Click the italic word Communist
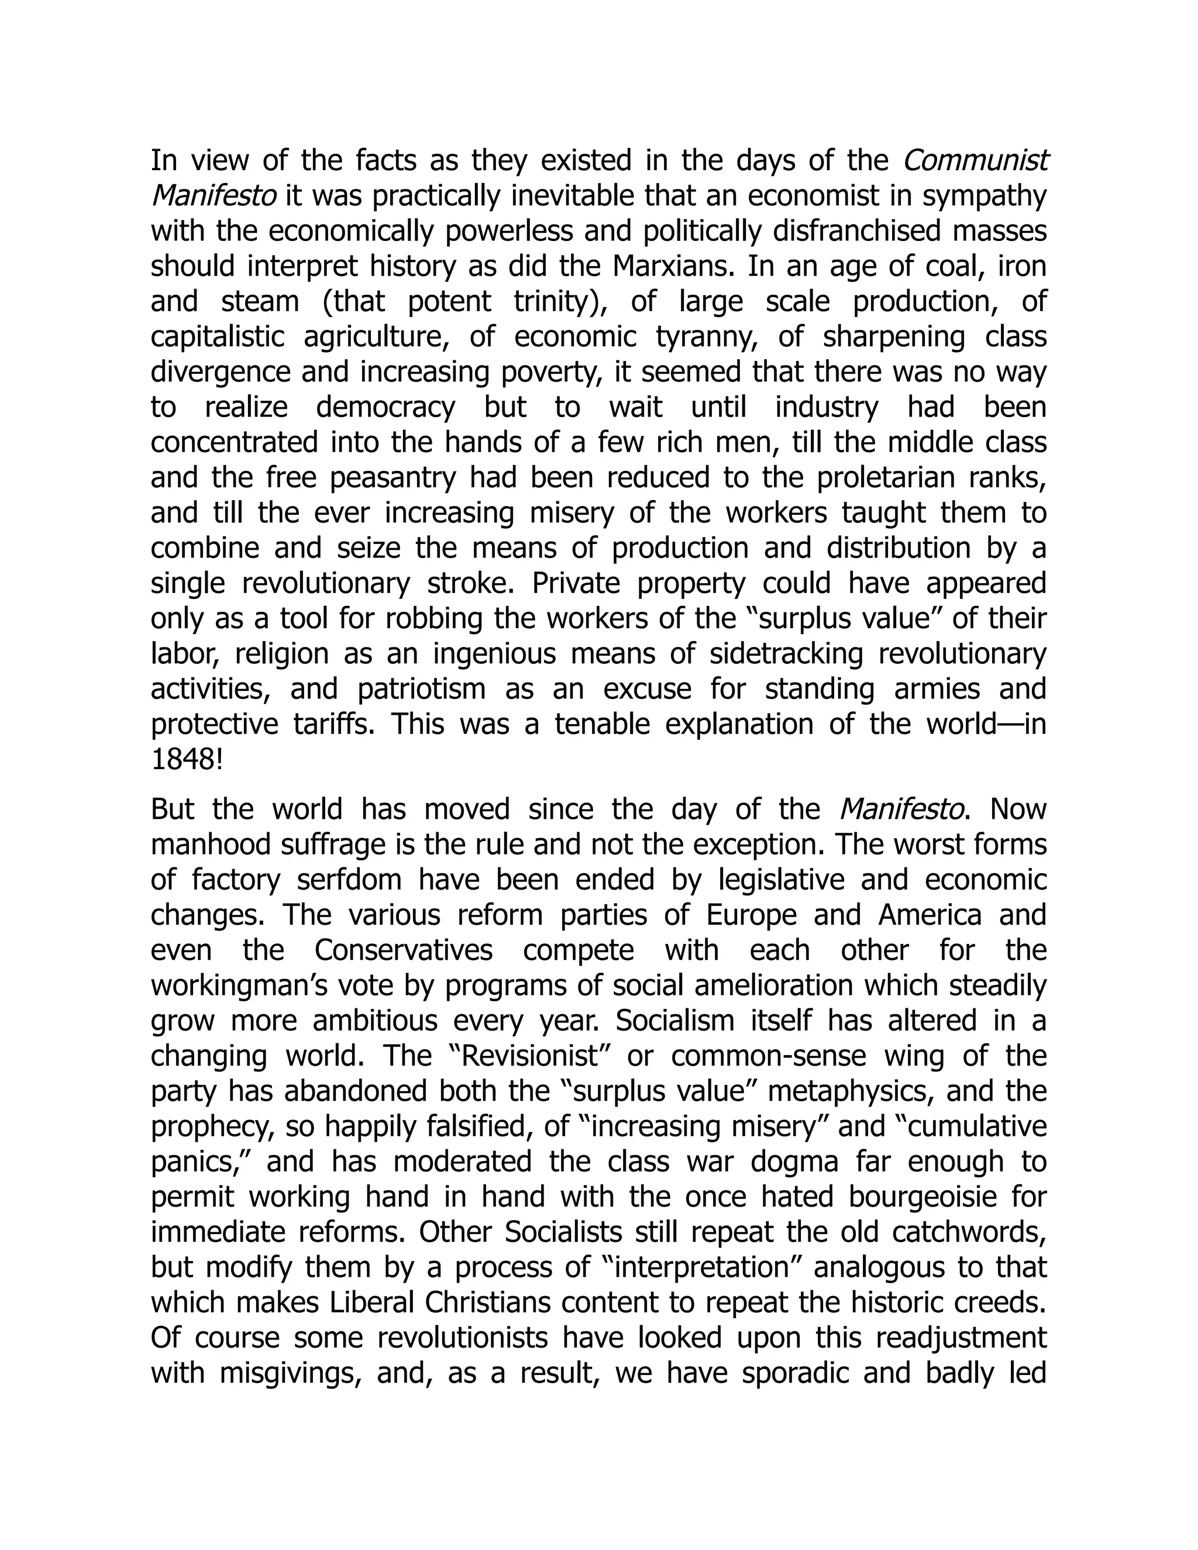click(x=975, y=161)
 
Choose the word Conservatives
click(x=474, y=951)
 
